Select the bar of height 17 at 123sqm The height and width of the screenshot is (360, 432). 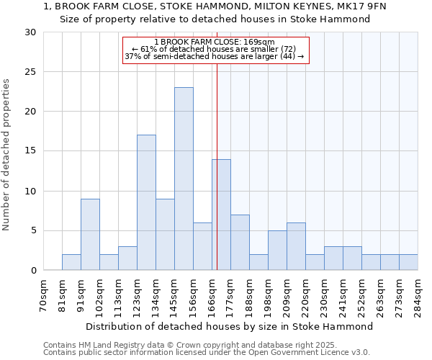[146, 202]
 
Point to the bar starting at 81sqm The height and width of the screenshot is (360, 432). [71, 262]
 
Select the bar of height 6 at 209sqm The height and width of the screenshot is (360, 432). [296, 246]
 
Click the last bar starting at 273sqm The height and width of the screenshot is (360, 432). [408, 262]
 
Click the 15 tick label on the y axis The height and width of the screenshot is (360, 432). [30, 151]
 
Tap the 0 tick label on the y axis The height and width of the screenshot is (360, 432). [32, 271]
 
